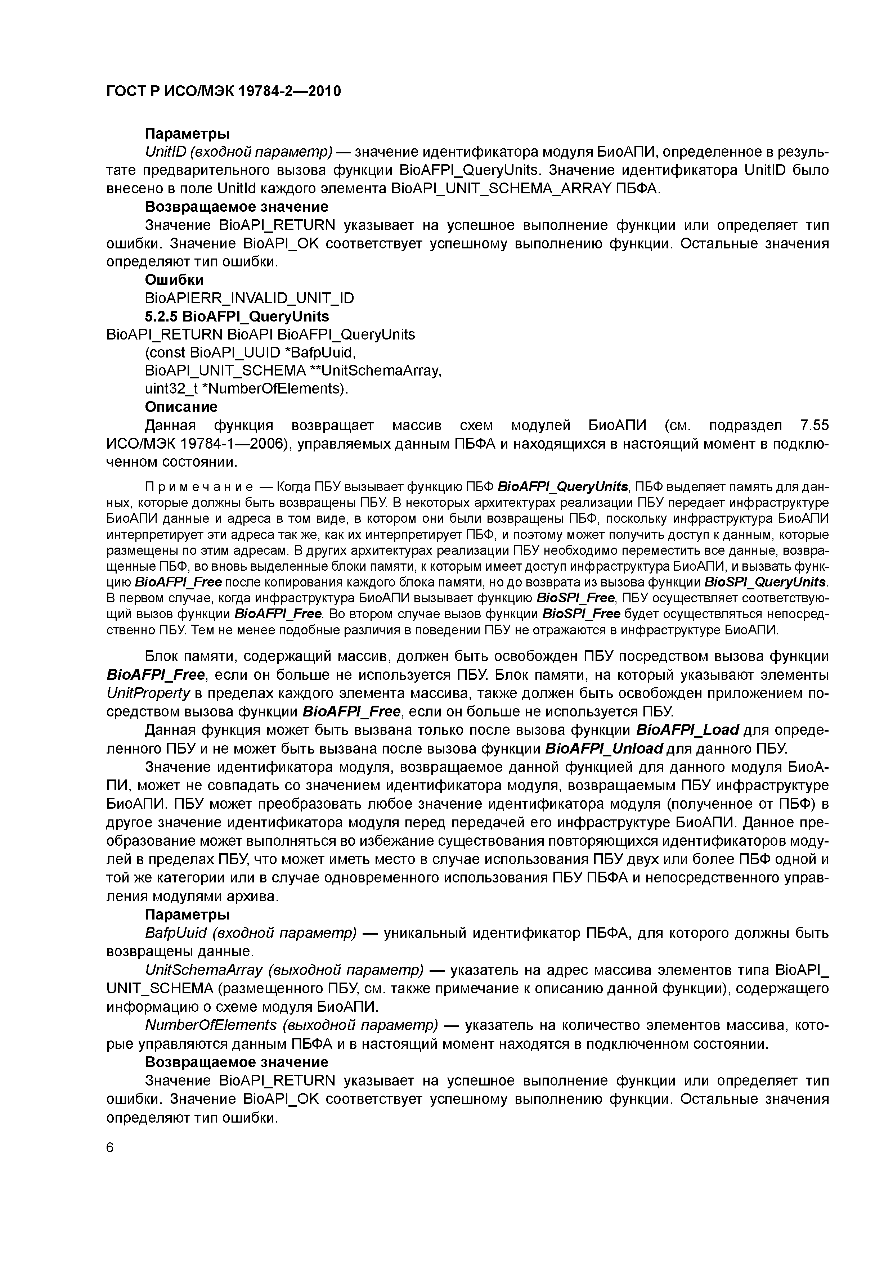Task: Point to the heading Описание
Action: pos(181,407)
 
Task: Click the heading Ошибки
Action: pos(174,280)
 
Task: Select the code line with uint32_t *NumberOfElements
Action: pos(246,389)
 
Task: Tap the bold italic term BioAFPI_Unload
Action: pos(604,749)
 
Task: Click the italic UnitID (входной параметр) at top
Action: pos(239,152)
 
